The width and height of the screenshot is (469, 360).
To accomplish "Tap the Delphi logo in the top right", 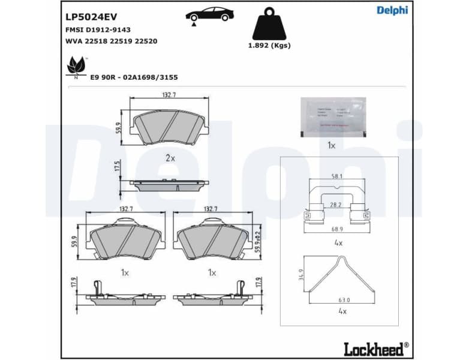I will [x=392, y=10].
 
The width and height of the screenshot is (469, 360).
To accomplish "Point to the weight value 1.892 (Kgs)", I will [x=269, y=46].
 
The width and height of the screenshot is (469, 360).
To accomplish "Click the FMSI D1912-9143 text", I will [x=97, y=29].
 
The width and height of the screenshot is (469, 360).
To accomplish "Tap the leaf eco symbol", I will [x=76, y=65].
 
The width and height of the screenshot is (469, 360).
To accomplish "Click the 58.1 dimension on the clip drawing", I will [x=337, y=176].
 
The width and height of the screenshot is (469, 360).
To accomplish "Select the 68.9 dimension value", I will [x=337, y=230].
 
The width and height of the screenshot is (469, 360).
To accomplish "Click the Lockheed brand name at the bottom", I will [x=375, y=347].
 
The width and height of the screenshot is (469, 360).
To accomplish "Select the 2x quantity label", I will [x=170, y=158].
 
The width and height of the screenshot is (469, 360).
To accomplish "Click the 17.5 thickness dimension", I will [x=118, y=167].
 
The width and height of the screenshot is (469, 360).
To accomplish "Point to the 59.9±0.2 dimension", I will [x=258, y=241].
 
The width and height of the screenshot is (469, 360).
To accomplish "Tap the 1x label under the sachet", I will [x=331, y=145].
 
